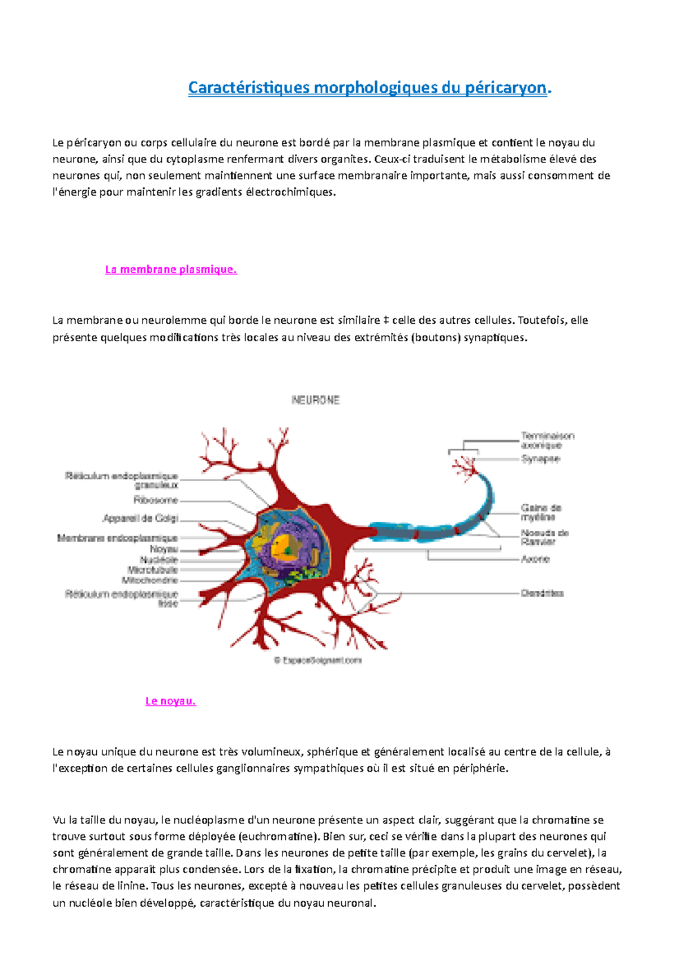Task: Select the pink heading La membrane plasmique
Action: pyautogui.click(x=171, y=269)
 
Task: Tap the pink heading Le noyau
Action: pyautogui.click(x=170, y=701)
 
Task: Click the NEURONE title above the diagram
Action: pyautogui.click(x=316, y=400)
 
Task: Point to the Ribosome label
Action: pyautogui.click(x=156, y=500)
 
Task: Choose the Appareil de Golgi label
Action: pyautogui.click(x=140, y=518)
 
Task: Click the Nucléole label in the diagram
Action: pyautogui.click(x=159, y=560)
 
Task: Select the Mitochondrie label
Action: pyautogui.click(x=150, y=580)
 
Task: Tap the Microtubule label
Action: pyautogui.click(x=153, y=570)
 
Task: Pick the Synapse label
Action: pyautogui.click(x=540, y=459)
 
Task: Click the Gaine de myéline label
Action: pyautogui.click(x=541, y=513)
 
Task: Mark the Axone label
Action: pyautogui.click(x=535, y=559)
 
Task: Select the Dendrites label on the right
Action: pyautogui.click(x=542, y=593)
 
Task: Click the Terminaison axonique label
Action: pyautogui.click(x=547, y=440)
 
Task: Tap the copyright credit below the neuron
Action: pyautogui.click(x=317, y=660)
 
